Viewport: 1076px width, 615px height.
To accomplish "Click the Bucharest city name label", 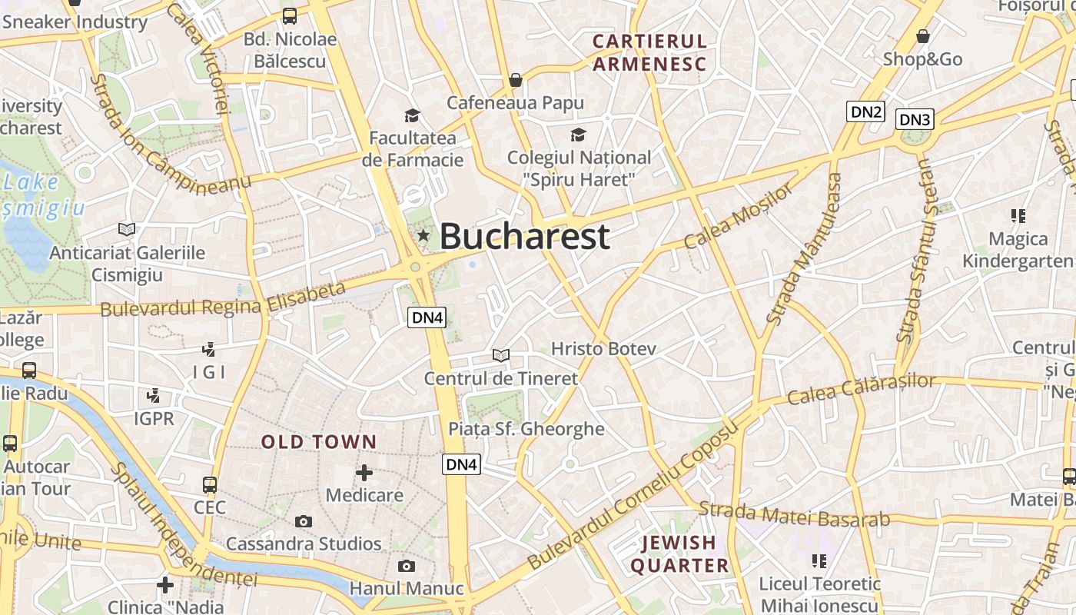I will click(525, 236).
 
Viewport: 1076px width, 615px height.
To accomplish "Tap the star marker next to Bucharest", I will click(423, 235).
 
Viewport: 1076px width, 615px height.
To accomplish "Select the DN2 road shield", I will click(865, 111).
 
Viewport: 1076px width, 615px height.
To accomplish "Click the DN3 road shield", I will click(915, 119).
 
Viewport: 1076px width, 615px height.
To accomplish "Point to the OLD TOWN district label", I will click(319, 442).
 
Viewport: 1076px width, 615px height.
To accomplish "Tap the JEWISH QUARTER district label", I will click(679, 554).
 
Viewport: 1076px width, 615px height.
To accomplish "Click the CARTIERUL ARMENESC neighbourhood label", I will click(649, 52).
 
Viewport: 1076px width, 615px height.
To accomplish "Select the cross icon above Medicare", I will click(364, 472).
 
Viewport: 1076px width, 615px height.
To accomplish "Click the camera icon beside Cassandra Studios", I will click(304, 521).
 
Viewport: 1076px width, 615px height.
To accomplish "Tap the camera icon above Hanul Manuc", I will click(407, 567).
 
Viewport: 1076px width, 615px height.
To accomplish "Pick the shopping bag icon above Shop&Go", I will click(922, 36).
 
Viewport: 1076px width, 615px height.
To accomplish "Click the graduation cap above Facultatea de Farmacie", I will click(413, 116).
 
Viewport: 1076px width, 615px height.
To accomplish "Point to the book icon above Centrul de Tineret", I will click(501, 355).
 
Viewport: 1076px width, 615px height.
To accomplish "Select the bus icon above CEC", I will click(210, 485).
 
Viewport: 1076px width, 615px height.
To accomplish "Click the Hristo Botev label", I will click(603, 349).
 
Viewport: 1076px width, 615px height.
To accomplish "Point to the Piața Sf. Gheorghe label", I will click(526, 429).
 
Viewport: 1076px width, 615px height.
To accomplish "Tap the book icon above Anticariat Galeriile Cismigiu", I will click(127, 229).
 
